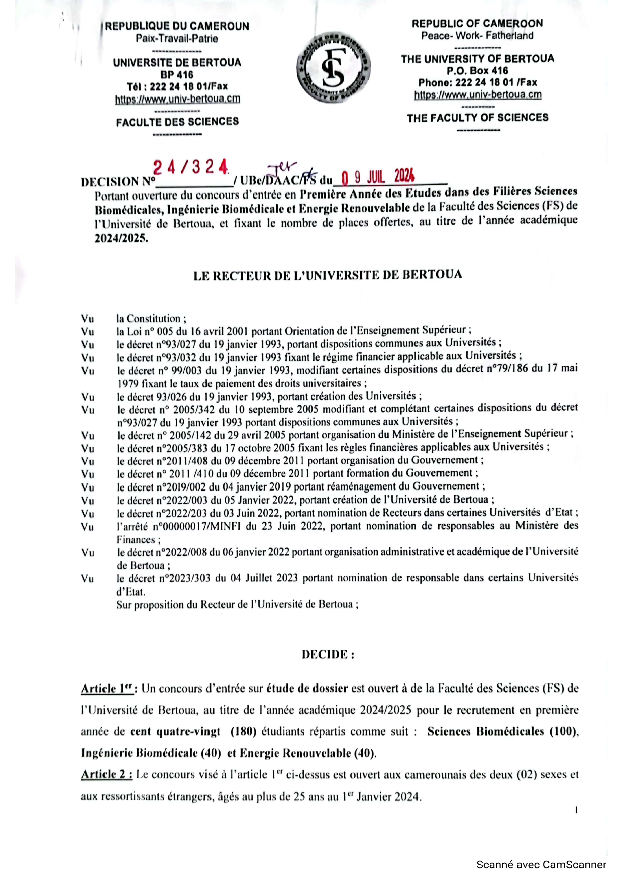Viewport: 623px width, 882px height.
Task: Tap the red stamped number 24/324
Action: (190, 167)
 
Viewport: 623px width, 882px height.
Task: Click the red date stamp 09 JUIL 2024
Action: (378, 177)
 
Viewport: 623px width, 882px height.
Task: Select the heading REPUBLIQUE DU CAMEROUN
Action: (177, 26)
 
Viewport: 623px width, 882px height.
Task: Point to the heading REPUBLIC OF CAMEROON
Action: (477, 23)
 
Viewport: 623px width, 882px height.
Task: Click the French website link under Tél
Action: (177, 99)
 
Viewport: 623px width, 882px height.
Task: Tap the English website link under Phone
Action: (478, 95)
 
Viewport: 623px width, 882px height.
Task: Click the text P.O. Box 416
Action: (477, 71)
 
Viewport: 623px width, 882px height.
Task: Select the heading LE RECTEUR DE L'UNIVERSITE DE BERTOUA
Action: (328, 275)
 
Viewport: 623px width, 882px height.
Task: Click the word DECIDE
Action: (328, 654)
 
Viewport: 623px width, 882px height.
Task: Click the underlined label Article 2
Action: (107, 774)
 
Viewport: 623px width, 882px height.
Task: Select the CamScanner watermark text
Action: (541, 864)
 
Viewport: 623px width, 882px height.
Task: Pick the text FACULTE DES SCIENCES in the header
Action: (177, 122)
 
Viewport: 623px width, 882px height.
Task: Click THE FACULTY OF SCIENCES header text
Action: (478, 118)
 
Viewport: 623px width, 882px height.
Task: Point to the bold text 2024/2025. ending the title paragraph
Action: (122, 238)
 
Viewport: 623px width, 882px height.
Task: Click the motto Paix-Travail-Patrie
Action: (177, 38)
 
